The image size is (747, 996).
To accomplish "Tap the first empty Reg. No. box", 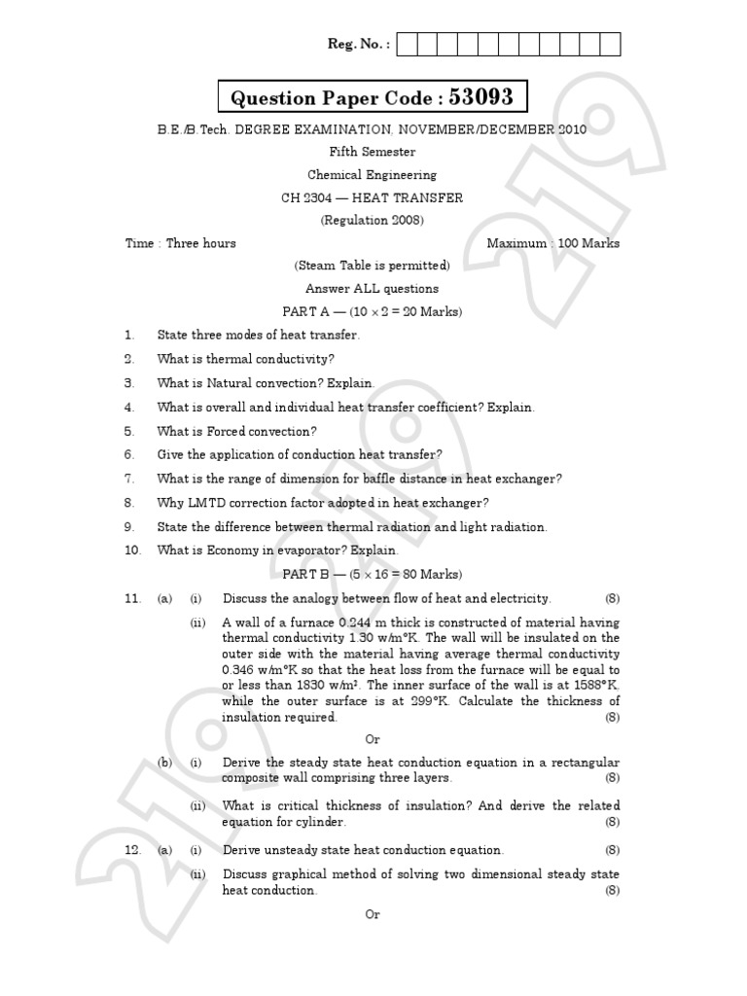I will (408, 44).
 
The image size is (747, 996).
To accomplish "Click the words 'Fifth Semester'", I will (373, 152).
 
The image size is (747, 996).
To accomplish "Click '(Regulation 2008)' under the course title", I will (373, 221).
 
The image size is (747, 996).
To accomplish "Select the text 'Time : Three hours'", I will (181, 243).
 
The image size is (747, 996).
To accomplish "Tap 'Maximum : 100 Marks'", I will (553, 243).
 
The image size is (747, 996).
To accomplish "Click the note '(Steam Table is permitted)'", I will (373, 266).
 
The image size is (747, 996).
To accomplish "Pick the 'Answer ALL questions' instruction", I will (373, 289).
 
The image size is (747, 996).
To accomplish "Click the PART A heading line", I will (373, 312).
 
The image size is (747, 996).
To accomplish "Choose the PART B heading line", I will (373, 574).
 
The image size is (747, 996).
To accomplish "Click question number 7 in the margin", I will (128, 479).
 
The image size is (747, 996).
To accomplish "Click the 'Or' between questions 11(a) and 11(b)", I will (373, 739).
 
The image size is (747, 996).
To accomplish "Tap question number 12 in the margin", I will (133, 850).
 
